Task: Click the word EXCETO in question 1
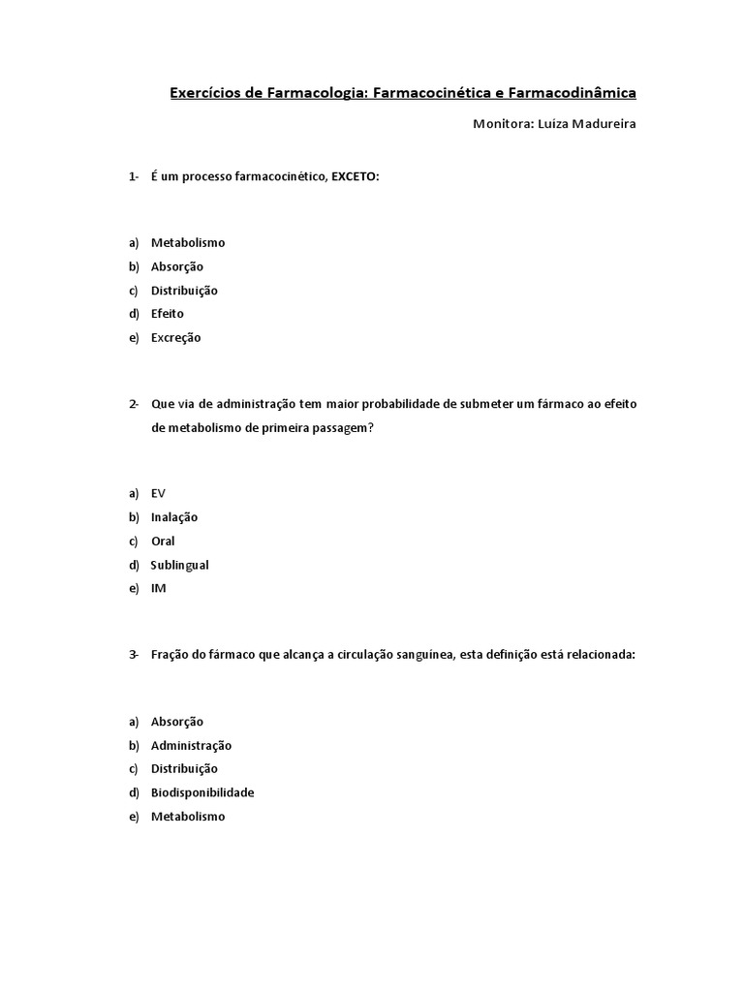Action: click(354, 177)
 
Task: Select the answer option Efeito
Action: click(167, 314)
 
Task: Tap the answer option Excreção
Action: click(175, 338)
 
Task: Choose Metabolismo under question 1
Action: click(187, 243)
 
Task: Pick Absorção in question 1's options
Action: click(176, 266)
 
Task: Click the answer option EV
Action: click(158, 494)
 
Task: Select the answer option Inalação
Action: click(173, 517)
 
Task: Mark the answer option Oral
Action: click(163, 542)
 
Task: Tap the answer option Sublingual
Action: click(179, 565)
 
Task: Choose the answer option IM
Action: click(158, 589)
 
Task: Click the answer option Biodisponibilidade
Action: click(202, 792)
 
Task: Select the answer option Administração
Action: click(191, 746)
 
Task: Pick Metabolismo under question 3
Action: click(187, 817)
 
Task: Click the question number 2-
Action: click(134, 403)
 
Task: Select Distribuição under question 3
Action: click(184, 769)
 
